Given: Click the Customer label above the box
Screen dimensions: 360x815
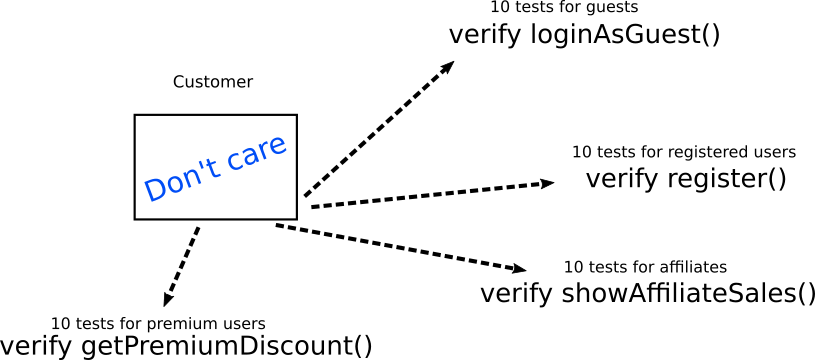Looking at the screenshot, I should (213, 82).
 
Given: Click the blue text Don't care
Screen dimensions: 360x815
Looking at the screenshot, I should (215, 166).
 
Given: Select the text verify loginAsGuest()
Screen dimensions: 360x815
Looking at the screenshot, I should (584, 35).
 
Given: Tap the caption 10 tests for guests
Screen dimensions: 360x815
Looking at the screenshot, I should (564, 8).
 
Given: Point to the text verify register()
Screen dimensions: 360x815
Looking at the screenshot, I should (685, 180).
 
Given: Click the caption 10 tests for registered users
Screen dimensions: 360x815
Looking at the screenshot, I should (683, 152).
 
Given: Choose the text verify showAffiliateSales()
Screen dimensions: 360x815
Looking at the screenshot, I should (647, 294).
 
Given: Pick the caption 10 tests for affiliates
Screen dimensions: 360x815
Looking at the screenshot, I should (645, 267).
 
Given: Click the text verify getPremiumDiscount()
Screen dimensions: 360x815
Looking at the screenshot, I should (186, 347).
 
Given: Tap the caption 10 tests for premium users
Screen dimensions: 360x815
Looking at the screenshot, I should (158, 323).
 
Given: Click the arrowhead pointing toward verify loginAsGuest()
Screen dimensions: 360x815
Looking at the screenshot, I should (447, 67).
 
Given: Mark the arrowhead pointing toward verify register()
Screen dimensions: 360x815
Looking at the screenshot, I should (547, 183).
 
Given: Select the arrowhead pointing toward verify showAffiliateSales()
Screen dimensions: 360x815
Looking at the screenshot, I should (519, 268).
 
